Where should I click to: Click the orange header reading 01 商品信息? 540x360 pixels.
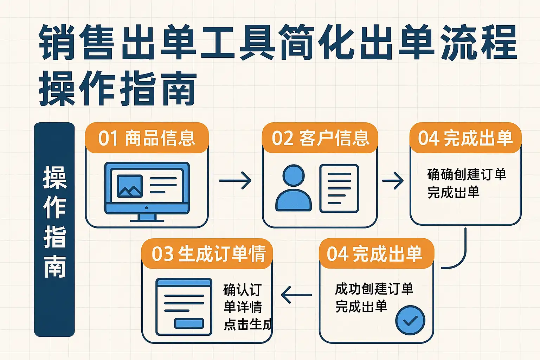click(x=147, y=138)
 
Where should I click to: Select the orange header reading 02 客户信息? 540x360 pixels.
click(x=320, y=138)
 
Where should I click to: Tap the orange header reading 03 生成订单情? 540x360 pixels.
click(x=208, y=253)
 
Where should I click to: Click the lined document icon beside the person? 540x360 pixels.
click(x=339, y=188)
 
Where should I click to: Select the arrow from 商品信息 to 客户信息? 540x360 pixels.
click(x=235, y=180)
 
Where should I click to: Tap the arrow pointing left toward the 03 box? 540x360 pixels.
click(x=296, y=295)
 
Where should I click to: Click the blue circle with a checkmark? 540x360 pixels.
click(x=410, y=320)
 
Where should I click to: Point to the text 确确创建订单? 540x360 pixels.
click(x=467, y=174)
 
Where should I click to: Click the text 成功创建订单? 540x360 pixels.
click(x=374, y=289)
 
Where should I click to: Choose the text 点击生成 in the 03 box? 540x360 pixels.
click(x=247, y=324)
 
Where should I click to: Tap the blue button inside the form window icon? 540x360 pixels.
click(x=189, y=323)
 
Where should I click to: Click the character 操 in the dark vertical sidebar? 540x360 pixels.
click(x=54, y=178)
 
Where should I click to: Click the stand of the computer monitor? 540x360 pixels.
click(x=147, y=218)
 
